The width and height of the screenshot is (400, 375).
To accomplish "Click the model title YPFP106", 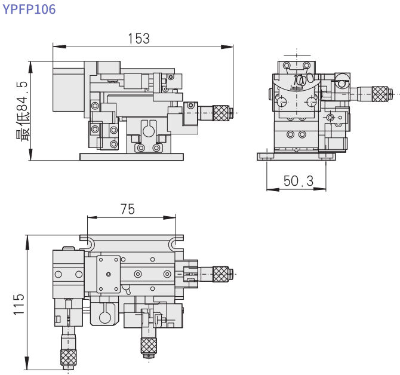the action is (29, 9).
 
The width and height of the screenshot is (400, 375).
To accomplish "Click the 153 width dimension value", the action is (139, 39).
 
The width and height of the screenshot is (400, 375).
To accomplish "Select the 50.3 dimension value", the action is (299, 181).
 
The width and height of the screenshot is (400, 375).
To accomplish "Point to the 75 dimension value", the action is (128, 209).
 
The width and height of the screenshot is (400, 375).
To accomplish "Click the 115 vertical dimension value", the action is (19, 304).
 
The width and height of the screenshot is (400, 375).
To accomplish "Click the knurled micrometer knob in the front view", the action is (221, 113).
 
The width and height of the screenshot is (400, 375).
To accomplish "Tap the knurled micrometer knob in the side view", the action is (380, 94).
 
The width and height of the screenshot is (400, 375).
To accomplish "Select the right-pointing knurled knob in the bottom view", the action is (221, 274).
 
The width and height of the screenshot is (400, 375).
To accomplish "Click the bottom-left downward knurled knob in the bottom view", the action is (68, 358).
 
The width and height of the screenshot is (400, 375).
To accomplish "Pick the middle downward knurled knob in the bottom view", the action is (149, 346).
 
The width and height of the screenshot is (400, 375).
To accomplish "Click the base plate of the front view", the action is (131, 157).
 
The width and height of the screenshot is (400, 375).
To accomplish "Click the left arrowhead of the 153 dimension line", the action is (59, 47).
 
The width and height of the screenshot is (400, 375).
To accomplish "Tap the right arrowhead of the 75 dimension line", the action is (170, 217).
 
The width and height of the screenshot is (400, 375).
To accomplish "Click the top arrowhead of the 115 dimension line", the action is (27, 242).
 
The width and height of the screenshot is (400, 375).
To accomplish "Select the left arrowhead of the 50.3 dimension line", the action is (273, 189).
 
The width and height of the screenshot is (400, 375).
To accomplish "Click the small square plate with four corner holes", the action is (109, 274).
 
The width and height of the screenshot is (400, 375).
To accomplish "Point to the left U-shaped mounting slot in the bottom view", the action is (90, 244).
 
